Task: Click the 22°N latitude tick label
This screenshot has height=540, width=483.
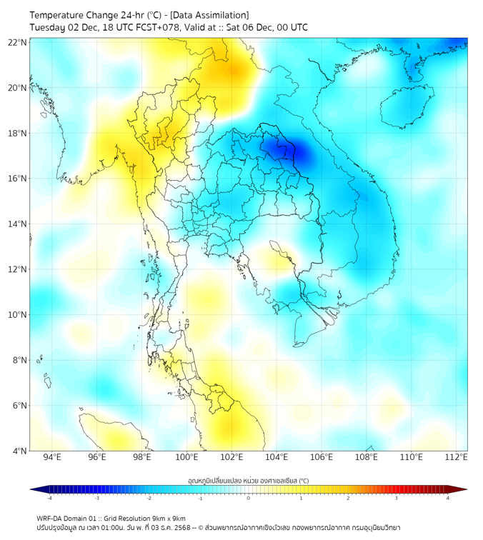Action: [x=18, y=42]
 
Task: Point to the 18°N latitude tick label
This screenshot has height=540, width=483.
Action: [x=18, y=133]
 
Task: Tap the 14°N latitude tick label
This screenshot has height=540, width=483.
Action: [x=18, y=224]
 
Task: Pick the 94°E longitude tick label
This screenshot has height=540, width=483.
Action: [x=52, y=458]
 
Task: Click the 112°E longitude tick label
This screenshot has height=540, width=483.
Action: [x=456, y=458]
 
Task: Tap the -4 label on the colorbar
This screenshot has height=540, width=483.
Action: [x=49, y=498]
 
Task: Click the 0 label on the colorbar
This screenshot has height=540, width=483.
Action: [x=249, y=498]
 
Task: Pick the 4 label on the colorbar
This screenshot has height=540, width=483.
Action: [x=447, y=498]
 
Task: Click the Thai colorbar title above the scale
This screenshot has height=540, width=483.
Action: [x=248, y=480]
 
